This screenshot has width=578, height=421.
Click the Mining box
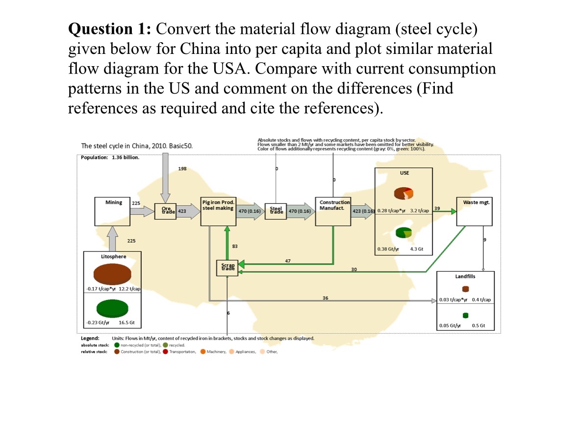coord(113,211)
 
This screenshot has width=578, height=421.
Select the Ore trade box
coord(164,211)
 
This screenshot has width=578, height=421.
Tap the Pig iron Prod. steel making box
coord(218,211)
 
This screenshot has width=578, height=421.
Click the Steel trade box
coord(276,211)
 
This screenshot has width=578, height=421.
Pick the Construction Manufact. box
coord(333,211)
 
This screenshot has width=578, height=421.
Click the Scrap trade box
coord(227,268)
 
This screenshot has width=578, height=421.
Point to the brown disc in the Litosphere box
coord(112,272)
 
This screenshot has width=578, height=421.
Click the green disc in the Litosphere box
coord(112,307)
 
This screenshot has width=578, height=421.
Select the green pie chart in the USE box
coord(403,232)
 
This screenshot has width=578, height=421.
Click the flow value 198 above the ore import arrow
coord(183,169)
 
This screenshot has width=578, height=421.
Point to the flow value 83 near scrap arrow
coord(235,246)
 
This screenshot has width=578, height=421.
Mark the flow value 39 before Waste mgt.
coord(437,208)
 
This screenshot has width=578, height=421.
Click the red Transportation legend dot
coord(166,351)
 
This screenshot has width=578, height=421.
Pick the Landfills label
coord(465,276)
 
